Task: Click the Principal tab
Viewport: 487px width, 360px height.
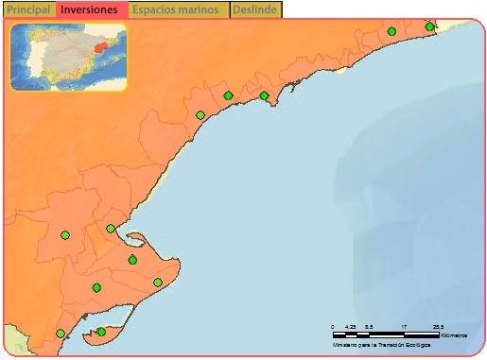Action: click(x=28, y=9)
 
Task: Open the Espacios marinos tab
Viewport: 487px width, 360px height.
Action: click(x=179, y=9)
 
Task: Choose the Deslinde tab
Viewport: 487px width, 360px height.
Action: click(x=255, y=9)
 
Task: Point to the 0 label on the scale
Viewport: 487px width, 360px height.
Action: click(x=333, y=326)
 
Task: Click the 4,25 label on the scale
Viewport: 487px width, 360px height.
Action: click(x=351, y=326)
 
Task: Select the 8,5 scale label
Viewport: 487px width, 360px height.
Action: click(x=369, y=326)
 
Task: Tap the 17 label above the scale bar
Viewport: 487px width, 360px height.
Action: click(x=404, y=326)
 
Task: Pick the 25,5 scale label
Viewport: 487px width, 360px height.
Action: click(x=438, y=326)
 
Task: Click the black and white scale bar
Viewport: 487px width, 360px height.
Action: click(x=386, y=334)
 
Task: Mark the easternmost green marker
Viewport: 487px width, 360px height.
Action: click(x=429, y=27)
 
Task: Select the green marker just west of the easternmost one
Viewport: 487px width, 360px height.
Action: click(x=391, y=31)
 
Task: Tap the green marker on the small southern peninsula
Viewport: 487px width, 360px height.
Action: click(x=101, y=332)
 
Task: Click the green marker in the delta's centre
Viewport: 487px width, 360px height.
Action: click(x=132, y=260)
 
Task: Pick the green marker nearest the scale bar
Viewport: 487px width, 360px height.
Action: click(x=158, y=283)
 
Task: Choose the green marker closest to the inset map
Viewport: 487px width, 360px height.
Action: click(x=200, y=115)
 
